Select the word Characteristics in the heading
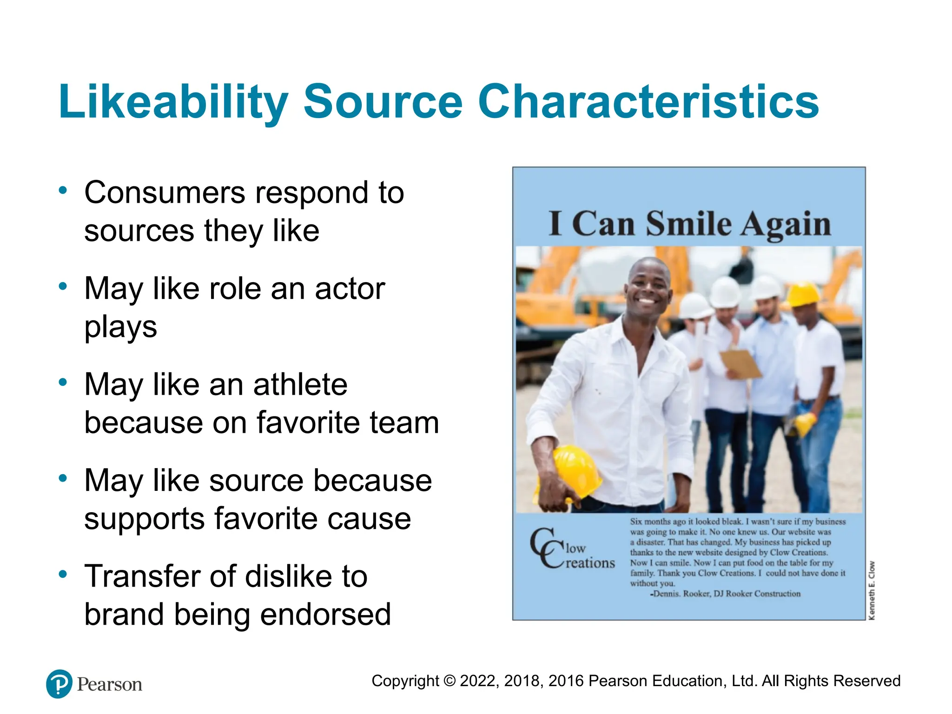[x=648, y=102]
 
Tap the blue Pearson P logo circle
[x=59, y=684]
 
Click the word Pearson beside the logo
[x=109, y=684]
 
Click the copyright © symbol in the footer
[x=449, y=681]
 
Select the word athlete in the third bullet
[x=300, y=385]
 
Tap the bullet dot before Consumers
[x=63, y=190]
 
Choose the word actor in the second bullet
[x=350, y=289]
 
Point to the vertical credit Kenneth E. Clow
[x=872, y=590]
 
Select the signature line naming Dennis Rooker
[x=725, y=594]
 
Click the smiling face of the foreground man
[x=648, y=288]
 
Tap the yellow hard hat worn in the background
[x=804, y=293]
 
